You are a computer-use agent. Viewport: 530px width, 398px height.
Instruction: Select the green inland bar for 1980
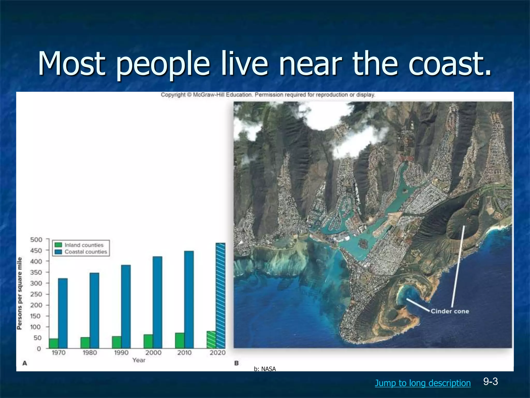pyautogui.click(x=85, y=343)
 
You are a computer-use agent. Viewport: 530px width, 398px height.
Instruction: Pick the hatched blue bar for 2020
pyautogui.click(x=220, y=295)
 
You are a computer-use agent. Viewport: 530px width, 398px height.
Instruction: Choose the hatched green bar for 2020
pyautogui.click(x=211, y=339)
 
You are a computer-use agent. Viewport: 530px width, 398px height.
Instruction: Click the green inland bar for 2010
pyautogui.click(x=180, y=340)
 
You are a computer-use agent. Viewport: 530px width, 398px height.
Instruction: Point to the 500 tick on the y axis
pyautogui.click(x=36, y=240)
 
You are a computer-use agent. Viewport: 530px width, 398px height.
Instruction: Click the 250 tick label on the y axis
pyautogui.click(x=36, y=294)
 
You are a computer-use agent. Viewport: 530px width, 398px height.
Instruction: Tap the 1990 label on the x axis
pyautogui.click(x=121, y=353)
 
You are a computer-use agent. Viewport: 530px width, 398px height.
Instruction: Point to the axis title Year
pyautogui.click(x=139, y=360)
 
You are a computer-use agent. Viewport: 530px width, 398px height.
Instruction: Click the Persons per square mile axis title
pyautogui.click(x=19, y=293)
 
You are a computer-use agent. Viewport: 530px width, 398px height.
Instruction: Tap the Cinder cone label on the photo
pyautogui.click(x=450, y=311)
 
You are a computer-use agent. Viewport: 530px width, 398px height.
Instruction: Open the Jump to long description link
pyautogui.click(x=423, y=383)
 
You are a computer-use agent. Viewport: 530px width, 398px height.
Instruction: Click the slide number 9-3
pyautogui.click(x=490, y=382)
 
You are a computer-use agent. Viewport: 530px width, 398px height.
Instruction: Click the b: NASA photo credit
pyautogui.click(x=265, y=369)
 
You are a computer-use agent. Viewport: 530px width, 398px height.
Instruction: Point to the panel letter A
pyautogui.click(x=25, y=363)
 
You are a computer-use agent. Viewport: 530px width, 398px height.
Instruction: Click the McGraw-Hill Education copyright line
pyautogui.click(x=268, y=95)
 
